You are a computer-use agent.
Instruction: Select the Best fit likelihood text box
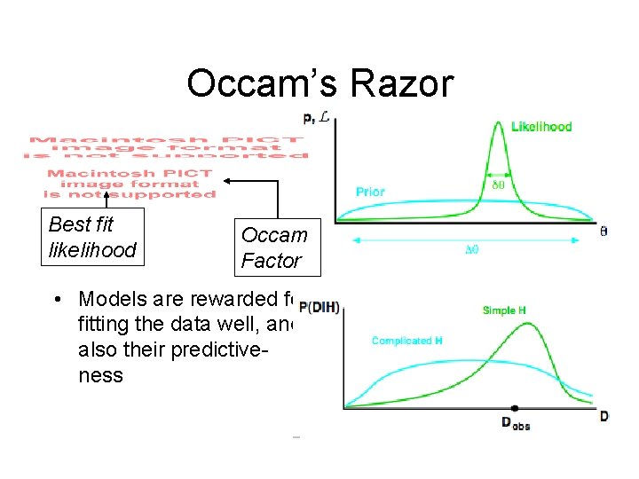[92, 237]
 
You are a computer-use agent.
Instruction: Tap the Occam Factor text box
[273, 247]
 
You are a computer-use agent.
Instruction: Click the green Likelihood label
[541, 127]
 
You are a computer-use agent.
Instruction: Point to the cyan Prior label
[370, 191]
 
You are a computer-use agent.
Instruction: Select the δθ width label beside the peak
[499, 187]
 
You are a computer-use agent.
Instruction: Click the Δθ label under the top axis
[473, 250]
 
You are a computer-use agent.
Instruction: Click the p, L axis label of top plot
[315, 116]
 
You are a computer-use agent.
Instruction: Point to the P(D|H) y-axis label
[319, 308]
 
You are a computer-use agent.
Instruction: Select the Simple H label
[504, 310]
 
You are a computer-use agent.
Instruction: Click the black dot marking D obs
[515, 408]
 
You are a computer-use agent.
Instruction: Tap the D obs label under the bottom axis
[516, 424]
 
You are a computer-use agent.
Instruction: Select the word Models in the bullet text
[110, 299]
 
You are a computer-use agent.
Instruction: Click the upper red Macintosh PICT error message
[165, 147]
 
